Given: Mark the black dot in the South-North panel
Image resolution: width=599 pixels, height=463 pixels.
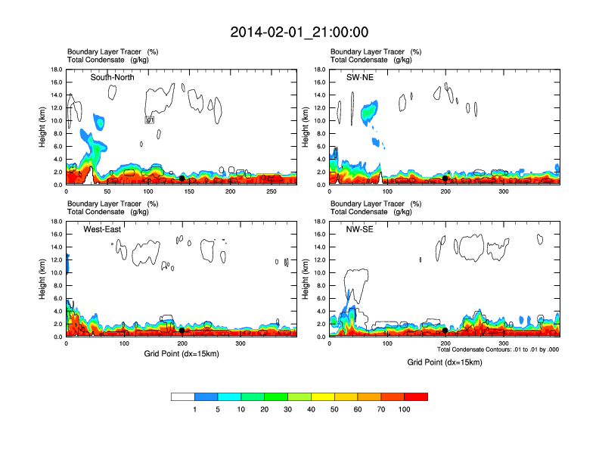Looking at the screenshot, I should point(182,179).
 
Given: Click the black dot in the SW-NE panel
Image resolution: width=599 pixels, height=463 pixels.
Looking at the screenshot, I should point(445,179).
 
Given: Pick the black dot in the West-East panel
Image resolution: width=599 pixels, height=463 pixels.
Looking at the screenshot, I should point(182,331).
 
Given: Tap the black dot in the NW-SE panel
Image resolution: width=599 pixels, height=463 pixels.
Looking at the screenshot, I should point(445,331).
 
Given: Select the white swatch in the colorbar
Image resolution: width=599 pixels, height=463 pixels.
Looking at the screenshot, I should point(183,396).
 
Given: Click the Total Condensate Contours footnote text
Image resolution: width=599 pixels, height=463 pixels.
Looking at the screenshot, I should point(498,350).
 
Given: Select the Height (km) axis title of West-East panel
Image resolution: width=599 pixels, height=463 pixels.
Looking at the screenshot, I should point(43,278).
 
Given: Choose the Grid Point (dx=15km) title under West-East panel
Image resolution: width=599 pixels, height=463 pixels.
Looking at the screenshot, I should point(182,354).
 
